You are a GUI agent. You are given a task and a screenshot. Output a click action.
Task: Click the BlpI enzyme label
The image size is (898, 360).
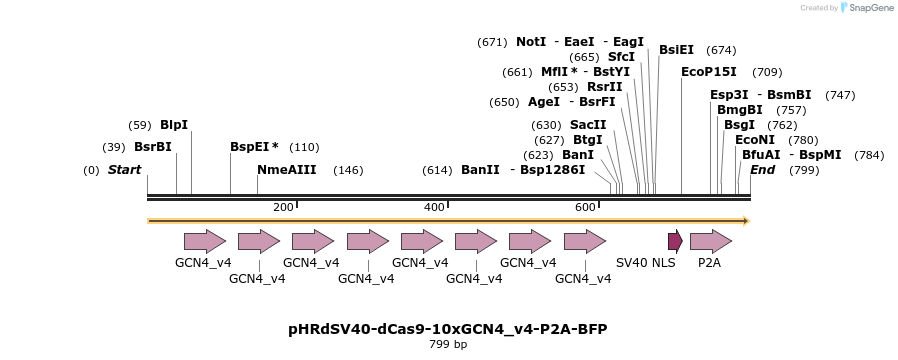[x=174, y=125]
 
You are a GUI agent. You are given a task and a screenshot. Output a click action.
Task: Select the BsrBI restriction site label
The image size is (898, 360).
[x=153, y=146]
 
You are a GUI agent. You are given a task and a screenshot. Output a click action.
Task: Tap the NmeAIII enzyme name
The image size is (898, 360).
[x=287, y=170]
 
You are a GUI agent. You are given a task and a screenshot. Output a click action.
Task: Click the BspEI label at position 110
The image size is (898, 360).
[x=254, y=146]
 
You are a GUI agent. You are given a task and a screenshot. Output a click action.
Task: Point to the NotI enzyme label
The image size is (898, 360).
[x=531, y=42]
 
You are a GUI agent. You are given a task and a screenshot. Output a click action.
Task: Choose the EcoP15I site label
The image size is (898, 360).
[x=708, y=72]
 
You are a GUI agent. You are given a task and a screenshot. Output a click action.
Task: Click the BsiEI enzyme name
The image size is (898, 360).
[x=676, y=50]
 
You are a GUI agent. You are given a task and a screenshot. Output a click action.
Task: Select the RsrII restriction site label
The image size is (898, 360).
[x=604, y=87]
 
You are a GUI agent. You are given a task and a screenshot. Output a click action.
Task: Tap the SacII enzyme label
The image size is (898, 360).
[x=588, y=125]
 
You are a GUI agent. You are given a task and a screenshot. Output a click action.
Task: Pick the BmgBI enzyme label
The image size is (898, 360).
[x=740, y=110]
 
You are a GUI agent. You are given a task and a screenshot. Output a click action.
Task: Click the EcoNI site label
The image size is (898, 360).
[x=755, y=140]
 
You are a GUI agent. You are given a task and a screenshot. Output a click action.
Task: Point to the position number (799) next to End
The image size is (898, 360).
[x=804, y=170]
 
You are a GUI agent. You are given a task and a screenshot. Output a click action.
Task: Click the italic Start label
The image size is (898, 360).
[x=124, y=170]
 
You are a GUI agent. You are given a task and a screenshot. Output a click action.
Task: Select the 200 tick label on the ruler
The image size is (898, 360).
[x=283, y=207]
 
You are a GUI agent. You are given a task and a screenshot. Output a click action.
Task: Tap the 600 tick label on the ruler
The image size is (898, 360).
[x=585, y=207]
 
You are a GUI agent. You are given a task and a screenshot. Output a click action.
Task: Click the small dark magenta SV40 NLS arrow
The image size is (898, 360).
[x=675, y=241]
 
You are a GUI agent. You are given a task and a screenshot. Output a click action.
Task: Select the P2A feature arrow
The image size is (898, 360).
[x=710, y=241]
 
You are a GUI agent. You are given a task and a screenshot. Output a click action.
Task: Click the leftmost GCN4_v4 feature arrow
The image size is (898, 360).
[x=204, y=241]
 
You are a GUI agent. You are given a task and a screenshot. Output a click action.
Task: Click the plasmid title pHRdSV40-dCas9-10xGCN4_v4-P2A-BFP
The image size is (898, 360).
[x=447, y=329]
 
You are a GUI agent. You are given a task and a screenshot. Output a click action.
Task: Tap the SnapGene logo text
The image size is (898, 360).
[x=868, y=8]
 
